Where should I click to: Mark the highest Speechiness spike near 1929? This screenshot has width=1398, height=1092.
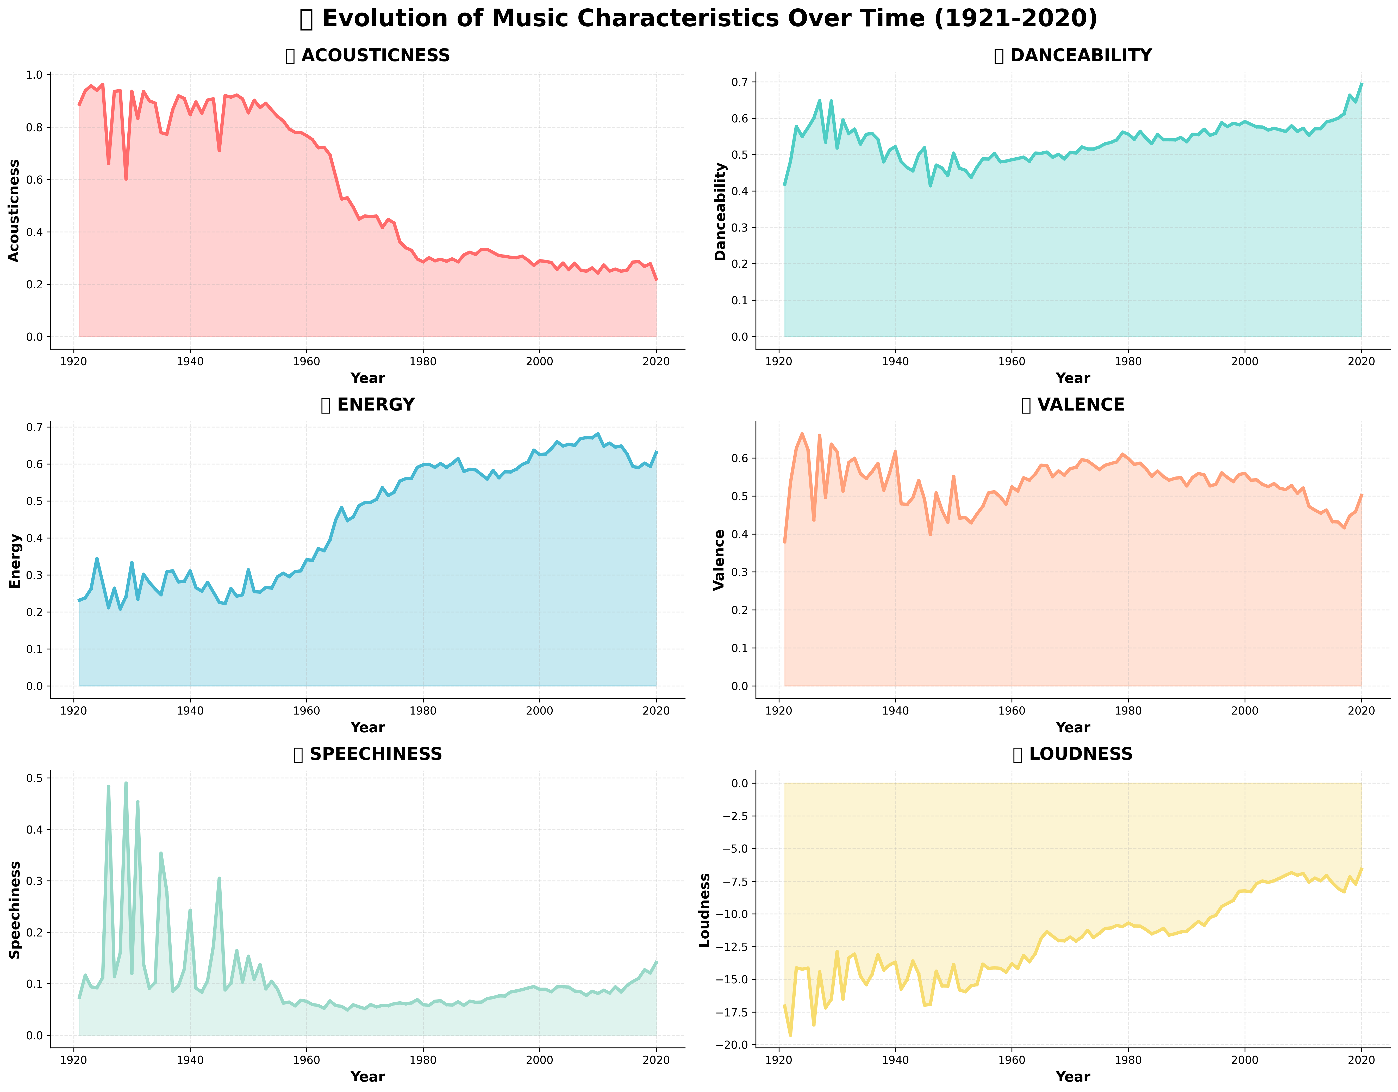coord(126,783)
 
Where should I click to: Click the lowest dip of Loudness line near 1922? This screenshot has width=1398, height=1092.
coord(790,1036)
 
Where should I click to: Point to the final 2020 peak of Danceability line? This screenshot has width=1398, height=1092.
coord(1362,84)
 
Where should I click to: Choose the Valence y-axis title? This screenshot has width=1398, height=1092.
coord(720,560)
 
